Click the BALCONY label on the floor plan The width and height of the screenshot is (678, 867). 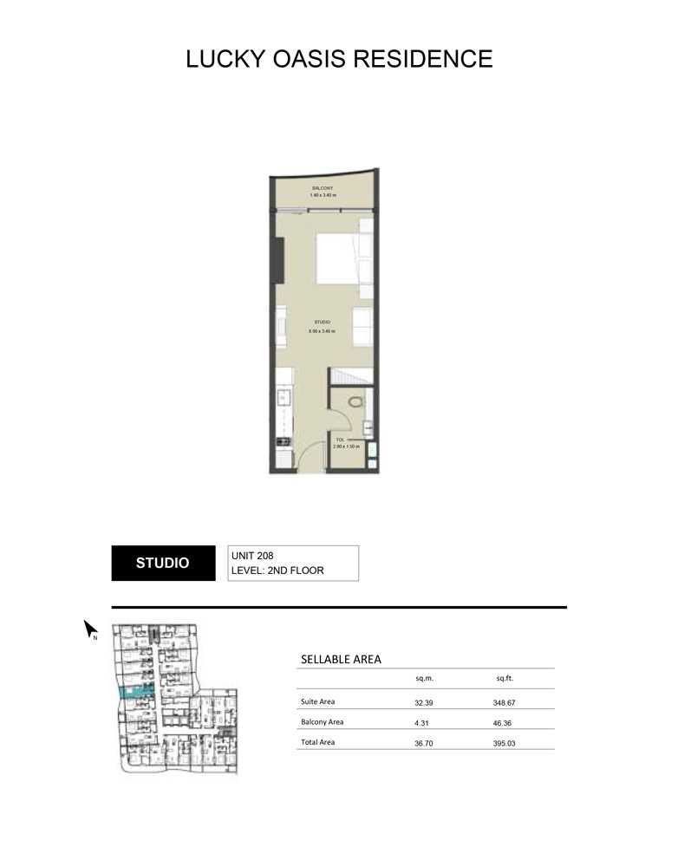tap(323, 188)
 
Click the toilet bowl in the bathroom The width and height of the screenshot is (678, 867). tap(354, 402)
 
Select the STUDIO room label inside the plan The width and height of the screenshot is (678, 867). tap(323, 322)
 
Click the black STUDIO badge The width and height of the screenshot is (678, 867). tap(163, 563)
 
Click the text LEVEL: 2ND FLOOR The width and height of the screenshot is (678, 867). tap(282, 571)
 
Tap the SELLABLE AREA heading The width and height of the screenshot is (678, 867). tap(341, 660)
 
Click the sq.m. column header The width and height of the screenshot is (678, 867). tap(424, 681)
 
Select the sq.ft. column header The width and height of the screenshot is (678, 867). tap(504, 681)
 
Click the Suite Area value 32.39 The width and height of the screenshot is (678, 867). tap(424, 703)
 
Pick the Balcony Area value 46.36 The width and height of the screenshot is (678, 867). tap(504, 722)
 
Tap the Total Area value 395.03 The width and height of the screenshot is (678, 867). tap(504, 743)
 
